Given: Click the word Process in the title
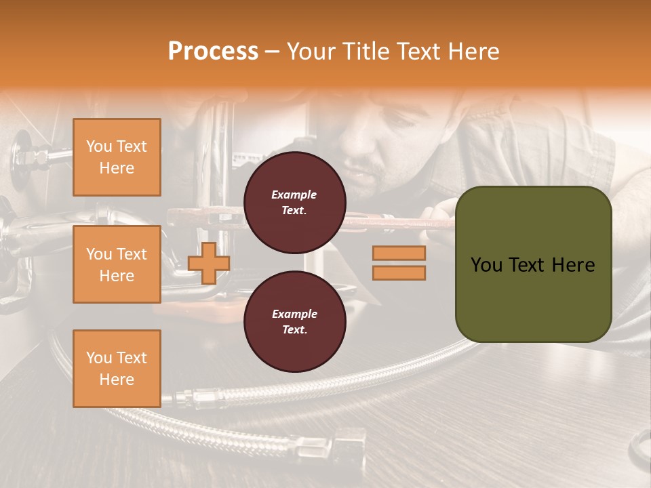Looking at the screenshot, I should coord(213,52).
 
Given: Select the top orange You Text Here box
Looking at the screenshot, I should coord(117,157).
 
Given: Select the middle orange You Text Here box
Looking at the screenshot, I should coord(117,264).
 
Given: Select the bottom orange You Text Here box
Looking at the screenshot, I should coord(117,369).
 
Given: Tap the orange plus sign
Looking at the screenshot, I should coord(208,263).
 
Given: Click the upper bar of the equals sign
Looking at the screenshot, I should coord(399,253).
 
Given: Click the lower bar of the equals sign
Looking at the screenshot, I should coord(399,272).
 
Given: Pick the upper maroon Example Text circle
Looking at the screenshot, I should coord(294,203).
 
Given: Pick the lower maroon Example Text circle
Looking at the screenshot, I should coord(294,321).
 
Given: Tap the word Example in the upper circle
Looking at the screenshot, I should coord(294,195).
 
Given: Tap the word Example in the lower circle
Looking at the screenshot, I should coord(294,314).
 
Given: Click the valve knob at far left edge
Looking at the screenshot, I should coord(19,150).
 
